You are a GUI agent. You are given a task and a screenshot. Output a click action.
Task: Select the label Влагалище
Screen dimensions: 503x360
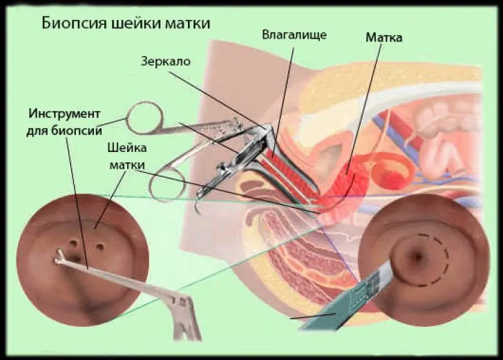pos(294,35)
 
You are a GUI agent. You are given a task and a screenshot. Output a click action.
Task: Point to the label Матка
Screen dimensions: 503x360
pos(383,37)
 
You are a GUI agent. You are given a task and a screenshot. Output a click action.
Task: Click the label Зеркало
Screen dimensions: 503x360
pos(166,61)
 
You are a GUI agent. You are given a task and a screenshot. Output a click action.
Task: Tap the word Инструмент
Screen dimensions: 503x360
pos(64,114)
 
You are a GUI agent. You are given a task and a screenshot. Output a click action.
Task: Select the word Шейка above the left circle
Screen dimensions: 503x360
pos(127,148)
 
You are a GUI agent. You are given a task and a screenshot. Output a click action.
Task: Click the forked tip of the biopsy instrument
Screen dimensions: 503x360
pos(59,258)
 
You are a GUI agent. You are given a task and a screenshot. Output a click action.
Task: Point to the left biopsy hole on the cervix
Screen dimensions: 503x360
pos(74,243)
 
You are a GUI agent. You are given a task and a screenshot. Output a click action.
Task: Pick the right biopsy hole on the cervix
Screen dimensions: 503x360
pos(100,247)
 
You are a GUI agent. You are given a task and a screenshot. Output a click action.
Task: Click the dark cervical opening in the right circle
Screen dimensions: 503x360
pos(418,256)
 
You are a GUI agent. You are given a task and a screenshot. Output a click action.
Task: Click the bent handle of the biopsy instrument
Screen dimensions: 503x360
pos(184,316)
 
